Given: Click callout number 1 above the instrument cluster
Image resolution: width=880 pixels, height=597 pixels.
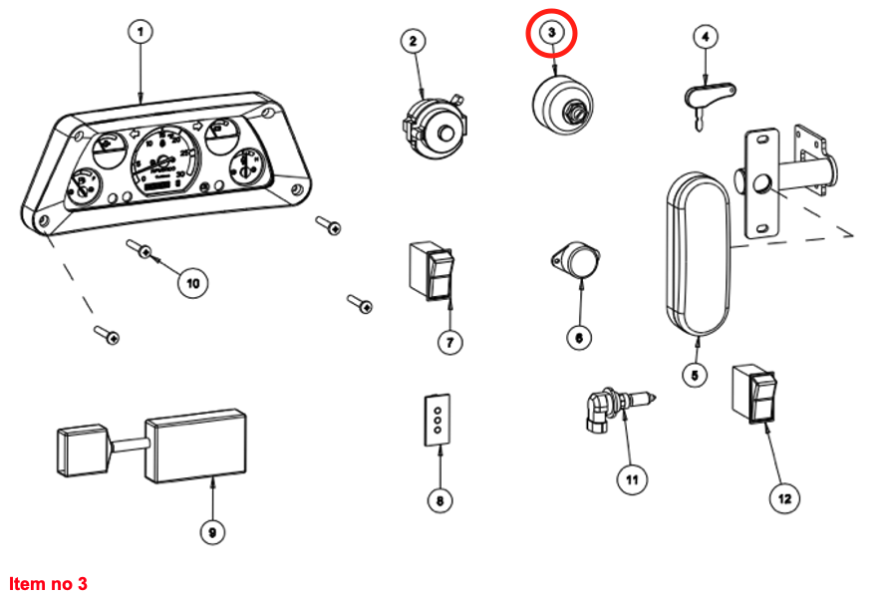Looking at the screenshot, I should pyautogui.click(x=141, y=32).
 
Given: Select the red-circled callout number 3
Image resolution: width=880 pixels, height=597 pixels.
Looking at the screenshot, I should pyautogui.click(x=552, y=33).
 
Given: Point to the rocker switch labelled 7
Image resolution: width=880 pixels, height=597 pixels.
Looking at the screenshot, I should pyautogui.click(x=432, y=270).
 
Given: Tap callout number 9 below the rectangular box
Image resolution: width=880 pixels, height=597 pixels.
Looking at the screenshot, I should pyautogui.click(x=211, y=532).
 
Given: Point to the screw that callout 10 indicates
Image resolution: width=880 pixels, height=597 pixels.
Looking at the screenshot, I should pyautogui.click(x=139, y=248).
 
